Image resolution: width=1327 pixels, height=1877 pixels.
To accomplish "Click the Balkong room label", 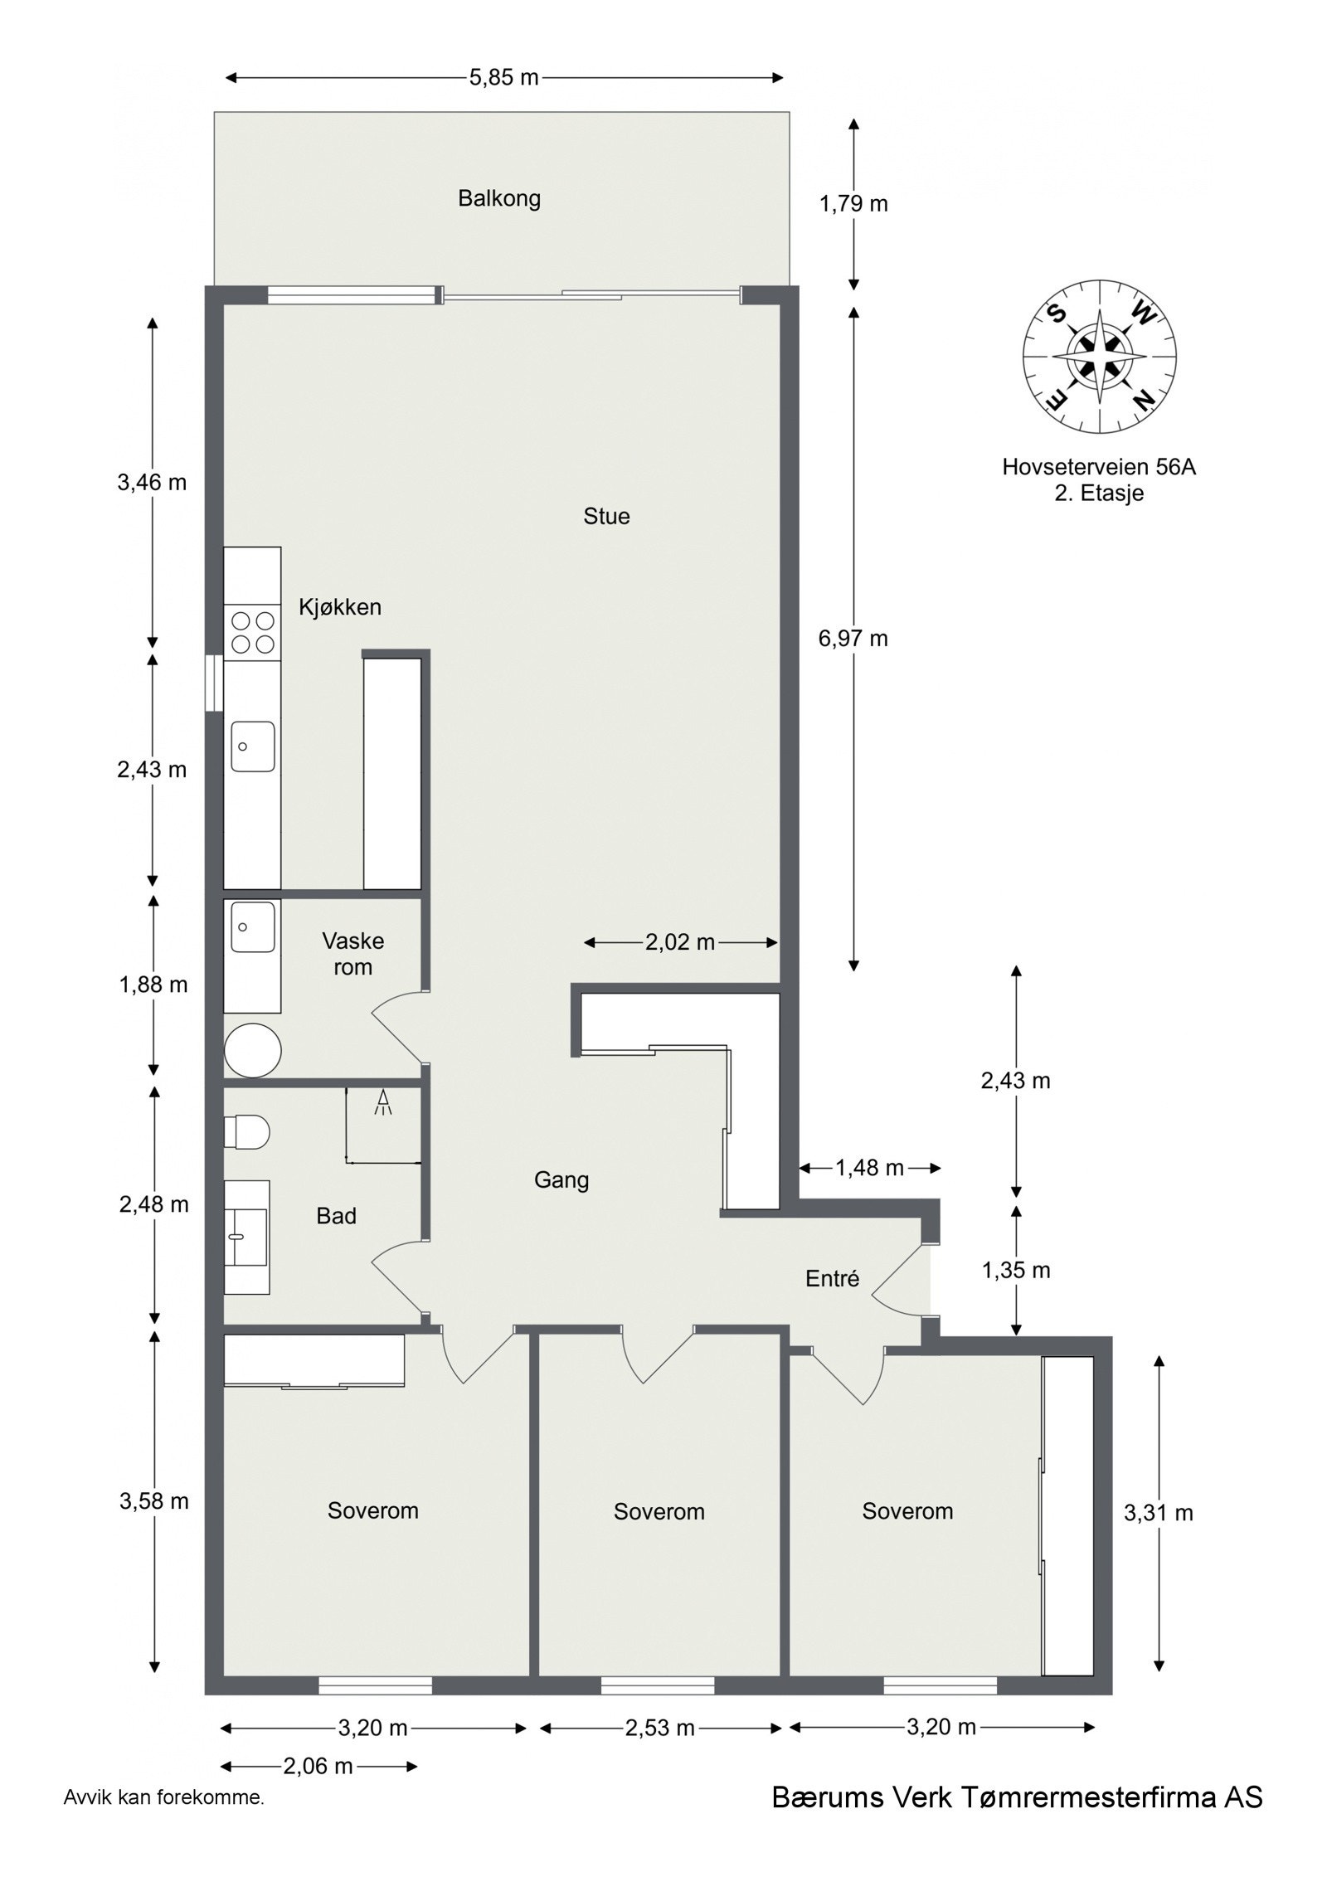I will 499,199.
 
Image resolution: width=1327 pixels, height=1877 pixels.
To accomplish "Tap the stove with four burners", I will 252,632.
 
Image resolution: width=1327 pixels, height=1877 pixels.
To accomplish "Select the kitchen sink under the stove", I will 252,746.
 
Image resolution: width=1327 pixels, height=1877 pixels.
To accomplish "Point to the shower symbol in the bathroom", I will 383,1103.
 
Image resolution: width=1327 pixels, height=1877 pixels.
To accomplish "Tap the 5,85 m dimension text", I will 503,78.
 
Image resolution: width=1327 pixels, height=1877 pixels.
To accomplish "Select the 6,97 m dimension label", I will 853,638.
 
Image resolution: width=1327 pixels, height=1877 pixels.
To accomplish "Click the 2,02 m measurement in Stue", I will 680,942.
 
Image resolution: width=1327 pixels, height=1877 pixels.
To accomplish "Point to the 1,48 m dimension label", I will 869,1168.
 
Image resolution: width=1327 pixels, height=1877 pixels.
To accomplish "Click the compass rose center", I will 1099,357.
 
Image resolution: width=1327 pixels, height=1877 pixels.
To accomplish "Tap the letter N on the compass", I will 1144,401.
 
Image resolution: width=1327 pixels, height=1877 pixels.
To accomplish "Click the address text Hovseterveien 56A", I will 1098,467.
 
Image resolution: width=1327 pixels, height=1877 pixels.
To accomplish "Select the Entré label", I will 832,1279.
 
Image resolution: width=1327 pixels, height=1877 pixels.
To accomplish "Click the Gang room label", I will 561,1179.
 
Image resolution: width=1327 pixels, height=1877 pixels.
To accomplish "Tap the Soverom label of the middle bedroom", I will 659,1511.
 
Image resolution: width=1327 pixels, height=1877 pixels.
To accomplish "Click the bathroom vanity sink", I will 247,1237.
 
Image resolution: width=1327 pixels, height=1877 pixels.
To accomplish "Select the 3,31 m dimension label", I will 1158,1513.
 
